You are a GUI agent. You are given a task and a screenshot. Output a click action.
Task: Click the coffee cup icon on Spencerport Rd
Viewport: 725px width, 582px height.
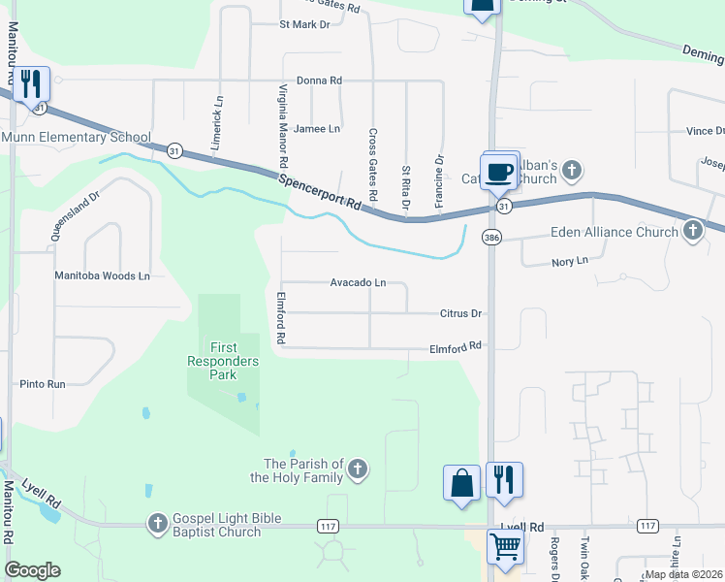coord(499,173)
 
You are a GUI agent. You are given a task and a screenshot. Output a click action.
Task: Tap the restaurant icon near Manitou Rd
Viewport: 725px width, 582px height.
coord(33,84)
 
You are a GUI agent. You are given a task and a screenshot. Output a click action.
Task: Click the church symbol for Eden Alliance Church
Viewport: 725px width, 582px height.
coord(692,231)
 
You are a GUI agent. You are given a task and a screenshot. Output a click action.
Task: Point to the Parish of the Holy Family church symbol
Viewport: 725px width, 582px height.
coord(358,470)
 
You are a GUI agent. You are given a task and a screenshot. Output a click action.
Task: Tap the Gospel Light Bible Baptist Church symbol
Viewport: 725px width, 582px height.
coord(157,524)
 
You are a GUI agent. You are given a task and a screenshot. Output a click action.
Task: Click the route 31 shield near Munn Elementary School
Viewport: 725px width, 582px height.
coord(173,150)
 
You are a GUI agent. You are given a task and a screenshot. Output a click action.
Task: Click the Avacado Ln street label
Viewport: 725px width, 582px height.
coord(358,283)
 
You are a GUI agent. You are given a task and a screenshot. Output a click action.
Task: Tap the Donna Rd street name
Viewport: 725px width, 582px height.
coord(319,81)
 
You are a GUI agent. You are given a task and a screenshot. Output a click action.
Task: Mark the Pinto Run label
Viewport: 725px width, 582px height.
coord(43,384)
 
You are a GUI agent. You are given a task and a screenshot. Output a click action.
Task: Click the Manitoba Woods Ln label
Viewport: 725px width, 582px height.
coord(102,276)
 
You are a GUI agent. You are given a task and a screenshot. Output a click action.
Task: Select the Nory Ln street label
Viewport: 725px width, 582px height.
coord(568,261)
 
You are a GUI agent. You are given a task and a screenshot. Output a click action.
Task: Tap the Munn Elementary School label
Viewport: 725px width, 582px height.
coord(76,137)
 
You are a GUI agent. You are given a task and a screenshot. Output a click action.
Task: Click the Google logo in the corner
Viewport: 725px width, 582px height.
coord(32,570)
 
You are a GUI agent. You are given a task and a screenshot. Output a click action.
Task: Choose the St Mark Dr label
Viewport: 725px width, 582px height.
coord(304,23)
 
